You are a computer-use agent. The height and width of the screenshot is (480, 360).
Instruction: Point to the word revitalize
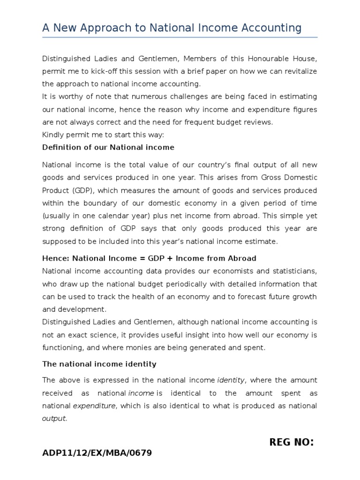299,71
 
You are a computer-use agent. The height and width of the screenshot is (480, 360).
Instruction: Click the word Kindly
53,135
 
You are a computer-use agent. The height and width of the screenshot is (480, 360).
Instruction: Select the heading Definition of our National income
108,147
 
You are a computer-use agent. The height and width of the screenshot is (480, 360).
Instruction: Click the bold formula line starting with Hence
149,259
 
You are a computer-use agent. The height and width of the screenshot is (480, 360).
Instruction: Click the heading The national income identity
99,364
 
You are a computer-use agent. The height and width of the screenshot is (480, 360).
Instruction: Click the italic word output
54,418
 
